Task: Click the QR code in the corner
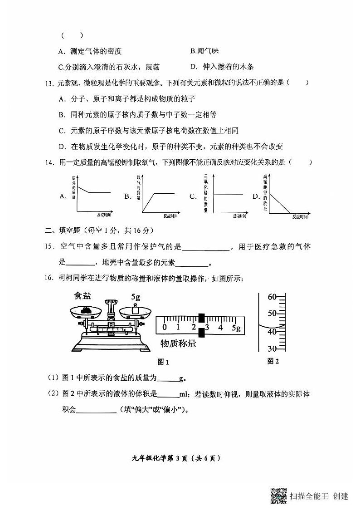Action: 278,495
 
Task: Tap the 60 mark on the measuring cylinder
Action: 272,298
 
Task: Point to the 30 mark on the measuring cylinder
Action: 272,348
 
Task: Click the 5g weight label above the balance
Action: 136,297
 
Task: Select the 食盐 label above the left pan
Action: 83,296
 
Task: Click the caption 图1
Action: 163,362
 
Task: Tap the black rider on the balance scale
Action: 202,327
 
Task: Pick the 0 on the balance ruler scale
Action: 165,327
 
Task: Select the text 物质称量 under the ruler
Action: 178,343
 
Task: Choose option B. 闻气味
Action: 204,52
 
